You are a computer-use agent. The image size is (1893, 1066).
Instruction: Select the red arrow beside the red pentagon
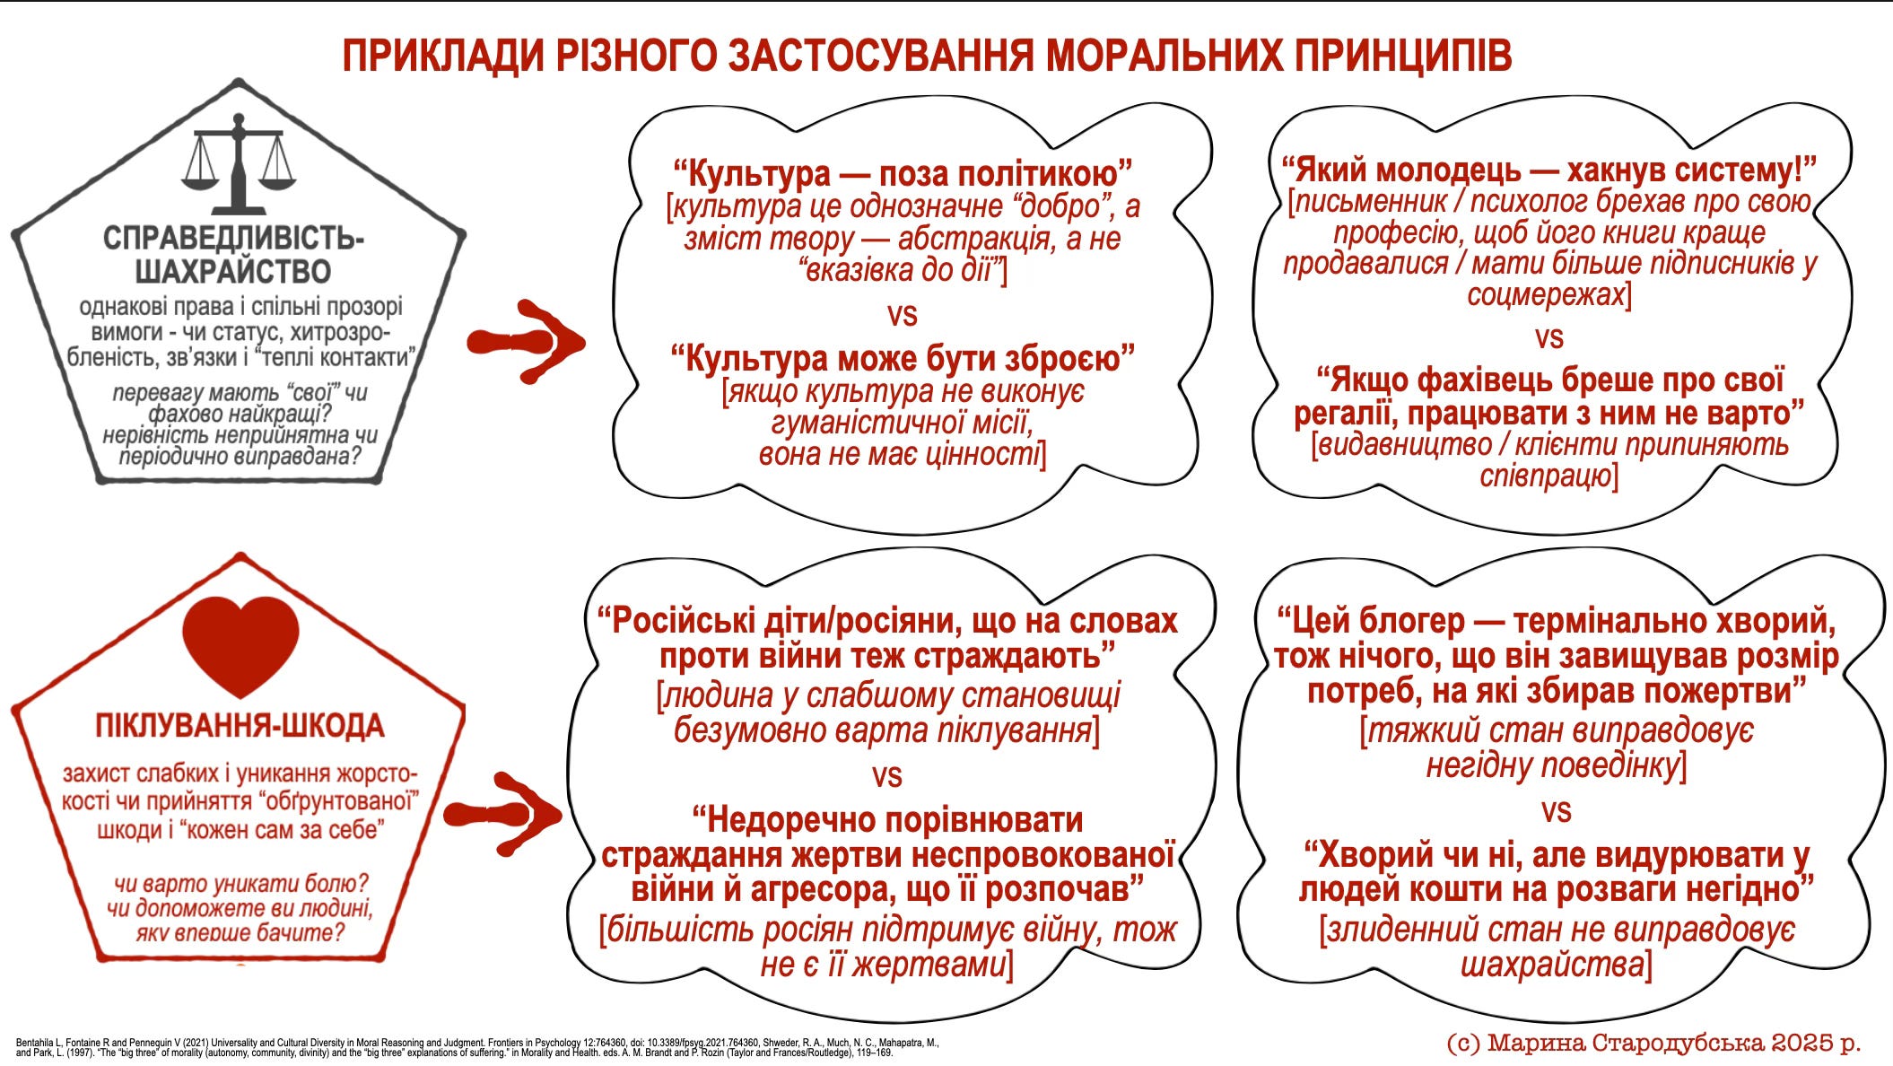[x=503, y=813]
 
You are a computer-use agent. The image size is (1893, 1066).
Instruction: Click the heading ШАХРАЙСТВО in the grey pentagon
[x=233, y=271]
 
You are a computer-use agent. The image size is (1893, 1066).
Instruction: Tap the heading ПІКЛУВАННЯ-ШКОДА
[x=240, y=725]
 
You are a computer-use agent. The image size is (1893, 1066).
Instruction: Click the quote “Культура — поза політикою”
[x=902, y=173]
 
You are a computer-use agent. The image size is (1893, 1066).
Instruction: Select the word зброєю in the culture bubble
[x=1071, y=359]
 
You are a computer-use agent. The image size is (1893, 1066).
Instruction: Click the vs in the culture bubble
[x=902, y=314]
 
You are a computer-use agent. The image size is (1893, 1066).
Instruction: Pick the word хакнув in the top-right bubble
[x=1616, y=169]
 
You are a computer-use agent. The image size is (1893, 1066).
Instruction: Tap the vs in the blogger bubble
[x=1556, y=811]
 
